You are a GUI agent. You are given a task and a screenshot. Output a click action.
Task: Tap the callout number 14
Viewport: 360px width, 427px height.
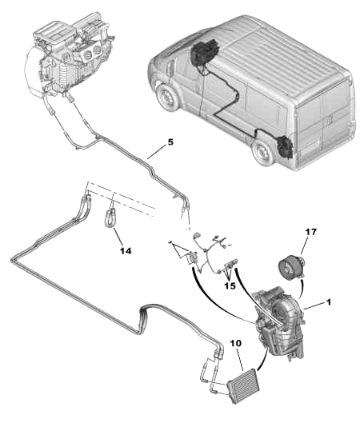click(x=125, y=250)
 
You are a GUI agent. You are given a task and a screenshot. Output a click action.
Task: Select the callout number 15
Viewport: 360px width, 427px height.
click(x=230, y=285)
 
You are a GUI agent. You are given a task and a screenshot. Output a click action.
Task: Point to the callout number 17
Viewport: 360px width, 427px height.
click(x=310, y=232)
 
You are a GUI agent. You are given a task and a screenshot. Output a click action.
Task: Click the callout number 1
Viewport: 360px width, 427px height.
click(x=327, y=304)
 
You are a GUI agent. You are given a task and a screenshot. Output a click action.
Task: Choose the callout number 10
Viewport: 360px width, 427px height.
click(x=235, y=343)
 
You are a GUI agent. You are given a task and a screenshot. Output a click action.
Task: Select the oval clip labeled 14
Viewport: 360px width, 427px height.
click(x=110, y=216)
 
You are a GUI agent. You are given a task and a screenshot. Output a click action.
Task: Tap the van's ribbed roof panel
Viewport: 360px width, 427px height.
click(x=264, y=48)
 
